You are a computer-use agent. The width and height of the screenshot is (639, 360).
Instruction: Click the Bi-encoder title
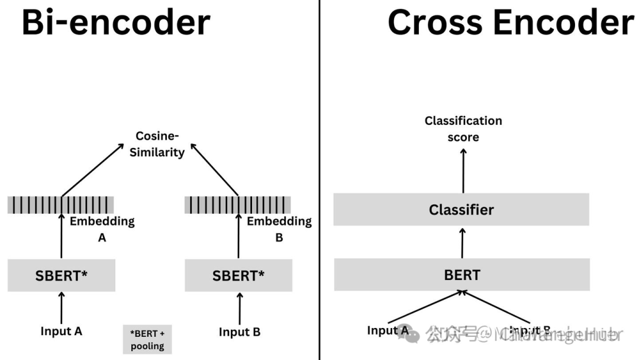click(116, 22)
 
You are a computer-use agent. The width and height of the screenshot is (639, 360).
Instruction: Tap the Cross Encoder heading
click(510, 22)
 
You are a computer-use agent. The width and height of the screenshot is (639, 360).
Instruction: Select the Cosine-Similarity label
click(157, 144)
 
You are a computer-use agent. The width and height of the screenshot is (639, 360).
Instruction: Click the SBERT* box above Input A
click(62, 275)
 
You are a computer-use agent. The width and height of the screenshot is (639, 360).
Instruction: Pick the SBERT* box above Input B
click(238, 275)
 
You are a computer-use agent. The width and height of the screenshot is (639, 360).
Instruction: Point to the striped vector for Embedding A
click(61, 205)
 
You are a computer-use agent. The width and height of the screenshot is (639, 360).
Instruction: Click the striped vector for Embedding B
click(238, 205)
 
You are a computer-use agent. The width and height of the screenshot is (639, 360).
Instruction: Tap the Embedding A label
click(102, 229)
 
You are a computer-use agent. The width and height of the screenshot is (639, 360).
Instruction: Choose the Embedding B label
click(279, 229)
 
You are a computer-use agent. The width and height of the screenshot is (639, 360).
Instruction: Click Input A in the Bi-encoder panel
click(61, 331)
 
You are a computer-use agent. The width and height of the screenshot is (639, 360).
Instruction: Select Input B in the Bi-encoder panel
click(239, 332)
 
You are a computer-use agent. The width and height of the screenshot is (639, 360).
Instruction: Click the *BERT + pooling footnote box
click(147, 339)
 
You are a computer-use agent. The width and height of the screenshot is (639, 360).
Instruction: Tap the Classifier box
click(461, 209)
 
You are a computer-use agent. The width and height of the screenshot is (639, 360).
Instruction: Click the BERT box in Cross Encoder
click(462, 275)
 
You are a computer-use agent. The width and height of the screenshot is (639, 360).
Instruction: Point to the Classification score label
click(463, 128)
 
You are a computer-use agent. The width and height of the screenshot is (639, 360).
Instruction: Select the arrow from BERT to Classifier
click(462, 242)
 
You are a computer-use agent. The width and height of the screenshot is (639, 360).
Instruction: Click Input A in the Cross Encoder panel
click(388, 330)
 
